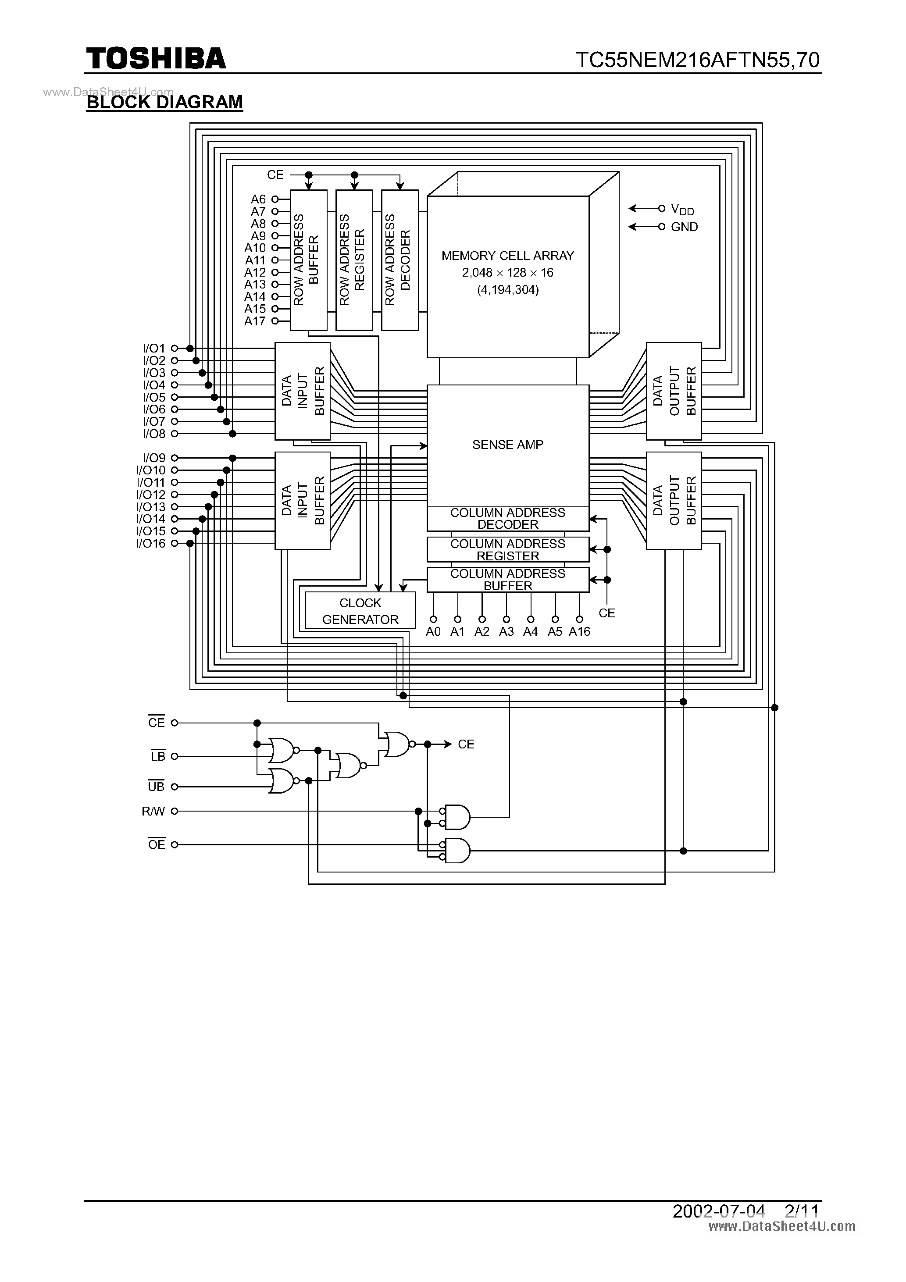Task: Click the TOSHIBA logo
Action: (156, 59)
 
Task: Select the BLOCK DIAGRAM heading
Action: (165, 102)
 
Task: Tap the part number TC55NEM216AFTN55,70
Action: (698, 60)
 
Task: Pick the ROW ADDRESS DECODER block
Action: (399, 260)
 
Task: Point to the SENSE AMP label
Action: (507, 445)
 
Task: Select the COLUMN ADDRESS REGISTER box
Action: (507, 549)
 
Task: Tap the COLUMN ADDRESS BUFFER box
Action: (507, 580)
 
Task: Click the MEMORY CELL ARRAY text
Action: (507, 256)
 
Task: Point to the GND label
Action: (684, 227)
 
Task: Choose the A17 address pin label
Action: (255, 321)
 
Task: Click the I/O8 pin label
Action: (154, 434)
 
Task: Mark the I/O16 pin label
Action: (151, 543)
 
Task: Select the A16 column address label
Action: (579, 631)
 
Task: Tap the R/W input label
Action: (153, 811)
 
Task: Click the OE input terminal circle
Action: (174, 845)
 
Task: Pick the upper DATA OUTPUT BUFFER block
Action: (674, 391)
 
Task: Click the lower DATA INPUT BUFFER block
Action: (302, 500)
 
